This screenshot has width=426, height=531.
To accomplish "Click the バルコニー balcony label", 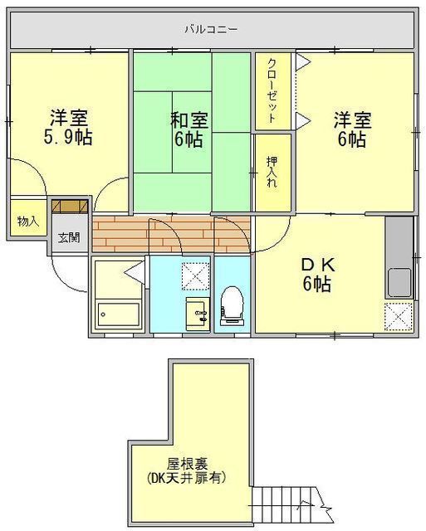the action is click(211, 29).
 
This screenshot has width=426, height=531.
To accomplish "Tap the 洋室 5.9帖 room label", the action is click(68, 127).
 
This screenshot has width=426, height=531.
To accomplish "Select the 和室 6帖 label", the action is click(189, 129).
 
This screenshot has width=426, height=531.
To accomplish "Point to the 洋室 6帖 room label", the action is click(352, 129).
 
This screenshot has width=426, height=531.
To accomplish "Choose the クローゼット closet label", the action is click(272, 90).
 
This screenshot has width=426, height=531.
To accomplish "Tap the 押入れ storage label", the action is click(272, 172).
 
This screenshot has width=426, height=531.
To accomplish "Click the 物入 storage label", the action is click(28, 222).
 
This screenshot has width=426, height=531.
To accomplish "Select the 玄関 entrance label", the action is click(69, 238).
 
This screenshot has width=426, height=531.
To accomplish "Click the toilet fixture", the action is click(232, 306).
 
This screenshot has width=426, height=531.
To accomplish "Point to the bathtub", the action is click(118, 314).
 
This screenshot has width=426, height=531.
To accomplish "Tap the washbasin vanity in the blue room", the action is click(198, 314).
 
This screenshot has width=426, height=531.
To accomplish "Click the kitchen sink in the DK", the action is click(399, 282).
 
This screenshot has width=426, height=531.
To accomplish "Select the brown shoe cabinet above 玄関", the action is click(70, 207).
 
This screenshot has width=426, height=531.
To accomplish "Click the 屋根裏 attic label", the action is click(187, 463).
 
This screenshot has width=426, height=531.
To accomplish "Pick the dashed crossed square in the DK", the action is click(399, 317).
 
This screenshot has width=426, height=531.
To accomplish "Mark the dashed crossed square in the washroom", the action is click(195, 276).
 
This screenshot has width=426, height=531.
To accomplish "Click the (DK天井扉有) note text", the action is click(187, 478).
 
